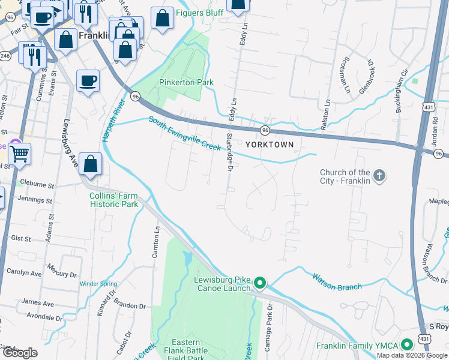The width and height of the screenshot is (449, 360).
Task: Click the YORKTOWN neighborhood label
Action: pyautogui.click(x=270, y=145)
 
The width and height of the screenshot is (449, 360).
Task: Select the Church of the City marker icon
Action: pyautogui.click(x=379, y=176)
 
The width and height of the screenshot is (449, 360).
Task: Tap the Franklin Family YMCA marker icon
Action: pyautogui.click(x=407, y=345)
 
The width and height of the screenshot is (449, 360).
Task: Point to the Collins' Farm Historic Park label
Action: pyautogui.click(x=114, y=200)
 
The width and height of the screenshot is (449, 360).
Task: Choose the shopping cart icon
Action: pyautogui.click(x=19, y=154)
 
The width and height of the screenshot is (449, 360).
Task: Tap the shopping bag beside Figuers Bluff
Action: pyautogui.click(x=162, y=18)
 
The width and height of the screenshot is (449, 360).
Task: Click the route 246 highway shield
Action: pyautogui.click(x=5, y=56)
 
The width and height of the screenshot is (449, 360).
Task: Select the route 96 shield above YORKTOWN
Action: pyautogui.click(x=264, y=130)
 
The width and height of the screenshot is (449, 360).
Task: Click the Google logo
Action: pyautogui.click(x=20, y=353)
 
